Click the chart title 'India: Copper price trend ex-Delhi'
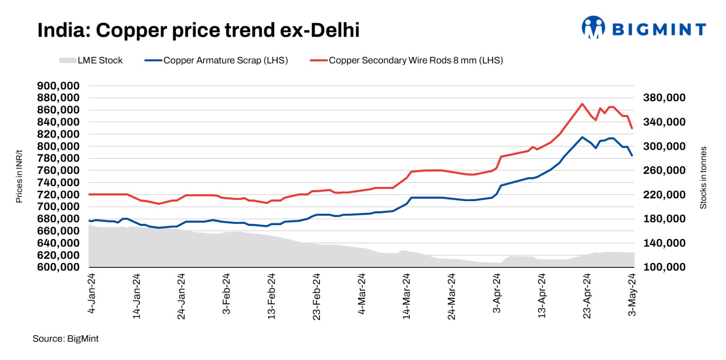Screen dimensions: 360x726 [198, 30]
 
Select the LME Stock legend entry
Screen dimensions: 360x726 [91, 60]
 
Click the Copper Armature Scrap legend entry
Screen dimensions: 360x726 [216, 60]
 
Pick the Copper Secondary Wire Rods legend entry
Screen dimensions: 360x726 [407, 60]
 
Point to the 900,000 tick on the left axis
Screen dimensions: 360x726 [58, 86]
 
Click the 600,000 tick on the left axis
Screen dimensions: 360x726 [58, 267]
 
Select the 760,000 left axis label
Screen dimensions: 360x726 [58, 170]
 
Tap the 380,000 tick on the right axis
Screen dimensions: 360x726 [664, 98]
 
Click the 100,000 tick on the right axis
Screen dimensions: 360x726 [664, 267]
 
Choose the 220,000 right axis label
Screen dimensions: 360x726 [664, 194]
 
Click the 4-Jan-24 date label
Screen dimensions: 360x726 [91, 293]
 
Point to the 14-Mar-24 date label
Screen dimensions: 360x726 [406, 296]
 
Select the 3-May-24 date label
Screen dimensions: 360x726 [632, 295]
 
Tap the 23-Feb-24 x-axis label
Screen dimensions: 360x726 [316, 296]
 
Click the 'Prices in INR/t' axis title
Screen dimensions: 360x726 [19, 176]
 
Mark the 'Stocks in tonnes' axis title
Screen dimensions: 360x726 [703, 178]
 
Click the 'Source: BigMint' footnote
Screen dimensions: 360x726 [65, 339]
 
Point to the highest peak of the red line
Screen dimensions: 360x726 [582, 104]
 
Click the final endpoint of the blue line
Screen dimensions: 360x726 [632, 155]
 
